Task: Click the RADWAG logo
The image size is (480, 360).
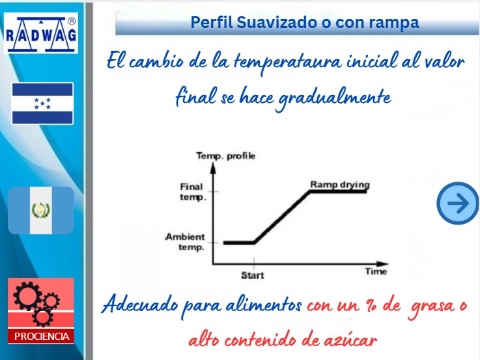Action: click(41, 33)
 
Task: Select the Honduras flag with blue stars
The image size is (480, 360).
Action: click(42, 104)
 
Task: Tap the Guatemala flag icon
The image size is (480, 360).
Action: click(41, 210)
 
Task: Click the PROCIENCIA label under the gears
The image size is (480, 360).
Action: click(41, 336)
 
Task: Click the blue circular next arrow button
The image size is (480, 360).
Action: click(457, 203)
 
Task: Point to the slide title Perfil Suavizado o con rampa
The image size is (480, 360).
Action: click(305, 22)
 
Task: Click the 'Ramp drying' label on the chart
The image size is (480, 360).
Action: click(340, 184)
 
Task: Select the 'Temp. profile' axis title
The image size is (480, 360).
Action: click(225, 156)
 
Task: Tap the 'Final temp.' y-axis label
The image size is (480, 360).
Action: click(193, 191)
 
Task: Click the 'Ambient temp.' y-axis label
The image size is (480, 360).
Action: click(185, 242)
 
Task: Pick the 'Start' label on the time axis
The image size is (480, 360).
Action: click(253, 275)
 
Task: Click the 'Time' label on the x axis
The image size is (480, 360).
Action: click(376, 271)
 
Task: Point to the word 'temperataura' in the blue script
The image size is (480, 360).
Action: click(287, 62)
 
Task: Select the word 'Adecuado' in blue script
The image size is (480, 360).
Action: click(140, 305)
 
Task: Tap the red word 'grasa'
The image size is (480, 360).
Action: click(432, 307)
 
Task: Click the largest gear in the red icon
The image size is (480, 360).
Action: click(27, 296)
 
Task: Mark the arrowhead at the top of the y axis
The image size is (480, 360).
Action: click(213, 167)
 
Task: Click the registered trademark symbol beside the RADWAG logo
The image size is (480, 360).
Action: click(72, 21)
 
